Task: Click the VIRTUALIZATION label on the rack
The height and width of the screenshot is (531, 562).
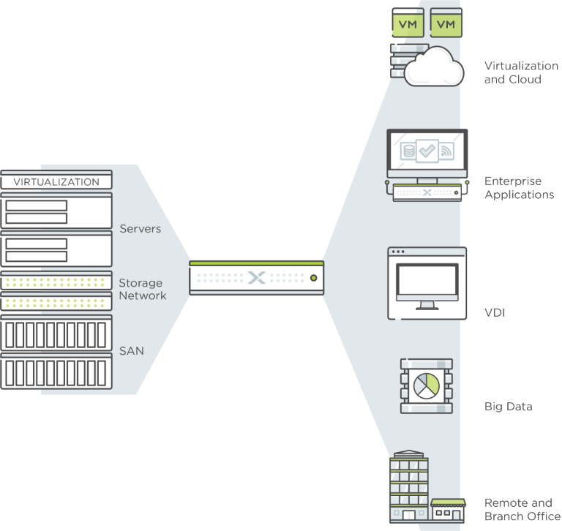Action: (x=56, y=181)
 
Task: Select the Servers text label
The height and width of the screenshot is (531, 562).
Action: (x=140, y=229)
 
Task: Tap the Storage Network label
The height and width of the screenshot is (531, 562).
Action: (x=143, y=289)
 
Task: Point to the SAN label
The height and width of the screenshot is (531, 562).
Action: (x=132, y=351)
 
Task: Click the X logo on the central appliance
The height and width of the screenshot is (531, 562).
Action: (x=256, y=278)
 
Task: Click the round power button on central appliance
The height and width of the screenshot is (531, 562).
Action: (x=314, y=278)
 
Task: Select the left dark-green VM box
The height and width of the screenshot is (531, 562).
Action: (x=408, y=24)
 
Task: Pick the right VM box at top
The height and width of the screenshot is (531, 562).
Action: (x=446, y=24)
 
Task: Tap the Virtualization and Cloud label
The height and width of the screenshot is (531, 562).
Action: (x=521, y=72)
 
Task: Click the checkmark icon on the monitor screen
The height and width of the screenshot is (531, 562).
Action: (x=427, y=151)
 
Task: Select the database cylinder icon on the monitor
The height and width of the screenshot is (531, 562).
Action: (x=408, y=151)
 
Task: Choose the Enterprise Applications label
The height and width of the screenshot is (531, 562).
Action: (x=519, y=188)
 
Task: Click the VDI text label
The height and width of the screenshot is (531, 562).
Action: (x=495, y=313)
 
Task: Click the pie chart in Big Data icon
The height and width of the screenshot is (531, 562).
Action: (x=426, y=385)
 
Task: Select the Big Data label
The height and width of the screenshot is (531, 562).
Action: (x=508, y=406)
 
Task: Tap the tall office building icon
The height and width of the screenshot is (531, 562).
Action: (x=408, y=486)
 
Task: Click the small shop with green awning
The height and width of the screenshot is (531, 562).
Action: (x=448, y=510)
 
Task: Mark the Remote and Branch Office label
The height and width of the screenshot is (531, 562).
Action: (x=522, y=509)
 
